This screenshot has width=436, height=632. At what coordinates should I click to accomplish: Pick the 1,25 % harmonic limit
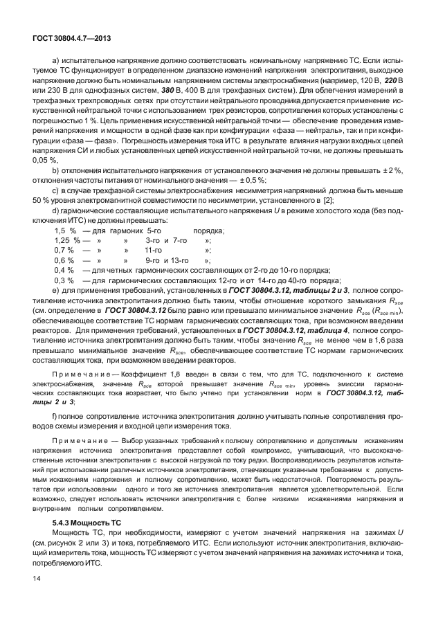coord(66,240)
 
